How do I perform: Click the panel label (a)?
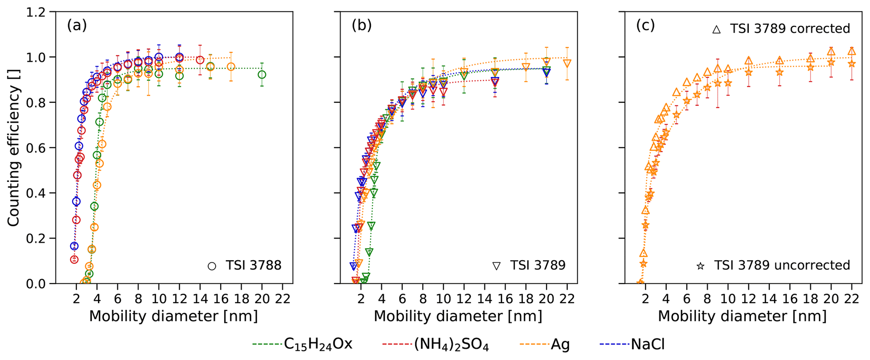tap(77, 26)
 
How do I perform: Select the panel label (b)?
tap(362, 26)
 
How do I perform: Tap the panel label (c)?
tap(646, 26)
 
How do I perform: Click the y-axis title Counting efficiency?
tap(14, 148)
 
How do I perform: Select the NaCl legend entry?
tap(647, 345)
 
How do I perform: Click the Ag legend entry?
tap(560, 345)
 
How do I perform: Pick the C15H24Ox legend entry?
tap(318, 345)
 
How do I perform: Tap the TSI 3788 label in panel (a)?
tap(253, 266)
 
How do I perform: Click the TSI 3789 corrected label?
tap(790, 29)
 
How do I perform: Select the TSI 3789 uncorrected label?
tap(782, 265)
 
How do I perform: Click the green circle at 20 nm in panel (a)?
tap(262, 75)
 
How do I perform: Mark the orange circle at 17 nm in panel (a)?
tap(231, 67)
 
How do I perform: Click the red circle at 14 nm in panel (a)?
tap(200, 60)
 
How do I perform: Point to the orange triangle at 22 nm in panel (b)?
tap(567, 64)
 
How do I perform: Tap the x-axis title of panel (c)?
tap(742, 316)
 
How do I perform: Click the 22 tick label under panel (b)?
tap(567, 299)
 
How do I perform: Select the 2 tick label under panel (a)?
tap(76, 299)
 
